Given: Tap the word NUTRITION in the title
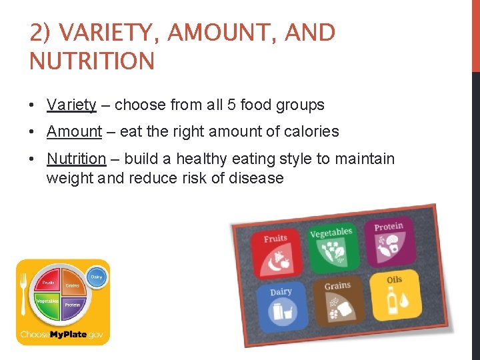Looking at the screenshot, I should point(92,61).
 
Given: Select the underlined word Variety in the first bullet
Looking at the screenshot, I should point(71,105).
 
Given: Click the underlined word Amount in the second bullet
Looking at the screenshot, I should point(74,131).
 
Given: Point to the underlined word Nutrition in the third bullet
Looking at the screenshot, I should point(76,159).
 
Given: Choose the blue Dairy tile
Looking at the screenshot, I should point(281,306).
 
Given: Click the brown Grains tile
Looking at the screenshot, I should point(338,301).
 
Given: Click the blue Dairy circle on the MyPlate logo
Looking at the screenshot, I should point(97,277).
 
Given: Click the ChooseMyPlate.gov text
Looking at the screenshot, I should point(63,334).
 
